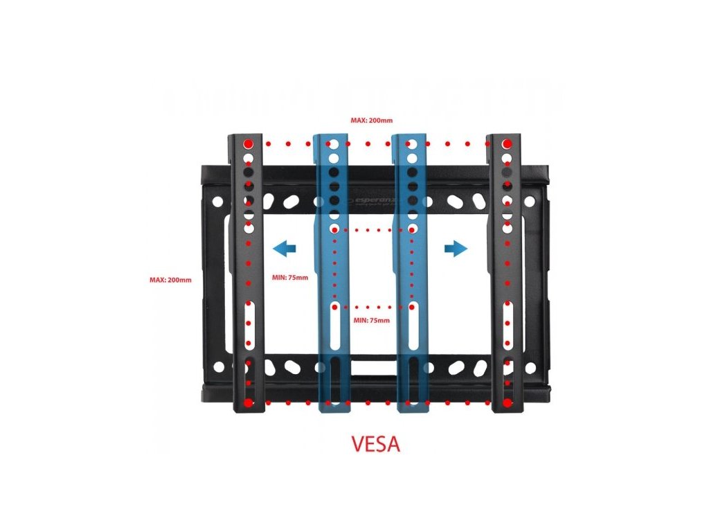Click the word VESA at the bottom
(376, 444)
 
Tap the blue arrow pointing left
(284, 247)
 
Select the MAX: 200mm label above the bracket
(371, 121)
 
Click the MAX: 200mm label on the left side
(170, 280)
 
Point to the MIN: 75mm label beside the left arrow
(286, 278)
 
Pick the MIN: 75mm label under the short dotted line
(371, 320)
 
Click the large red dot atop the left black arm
(249, 143)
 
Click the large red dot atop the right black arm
(508, 143)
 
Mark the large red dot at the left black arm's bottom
(249, 402)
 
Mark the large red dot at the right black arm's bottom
(508, 402)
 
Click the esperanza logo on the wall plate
(375, 199)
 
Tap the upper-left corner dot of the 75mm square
(335, 229)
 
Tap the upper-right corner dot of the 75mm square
(413, 229)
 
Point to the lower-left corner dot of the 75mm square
(335, 306)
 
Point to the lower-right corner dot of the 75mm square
(413, 306)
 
